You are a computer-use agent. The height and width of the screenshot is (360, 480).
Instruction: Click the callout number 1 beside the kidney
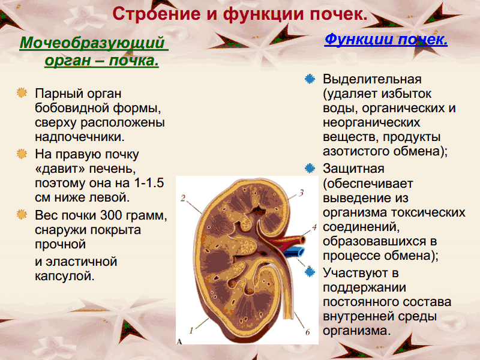click(191, 331)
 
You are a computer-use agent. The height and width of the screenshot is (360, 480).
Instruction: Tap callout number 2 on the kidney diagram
click(183, 199)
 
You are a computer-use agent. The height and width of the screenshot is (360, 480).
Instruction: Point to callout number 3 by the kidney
click(301, 193)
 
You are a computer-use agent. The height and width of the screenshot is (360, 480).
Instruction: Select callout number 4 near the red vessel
click(314, 227)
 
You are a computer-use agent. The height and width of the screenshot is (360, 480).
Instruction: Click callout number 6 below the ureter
click(307, 332)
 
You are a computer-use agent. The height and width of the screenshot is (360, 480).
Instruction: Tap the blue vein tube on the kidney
click(294, 253)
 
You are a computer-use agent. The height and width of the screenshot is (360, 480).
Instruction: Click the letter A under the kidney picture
click(179, 341)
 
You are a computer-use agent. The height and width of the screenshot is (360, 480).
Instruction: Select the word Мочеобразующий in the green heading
click(92, 43)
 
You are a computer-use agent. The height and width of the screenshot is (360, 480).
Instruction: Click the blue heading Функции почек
click(386, 40)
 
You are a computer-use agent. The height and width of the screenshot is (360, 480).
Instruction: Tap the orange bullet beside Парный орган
click(22, 93)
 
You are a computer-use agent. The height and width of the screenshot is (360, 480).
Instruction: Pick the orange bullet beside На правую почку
click(22, 154)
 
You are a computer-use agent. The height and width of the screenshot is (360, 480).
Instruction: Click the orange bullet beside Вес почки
click(22, 214)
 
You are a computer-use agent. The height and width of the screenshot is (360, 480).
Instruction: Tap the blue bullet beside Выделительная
click(310, 79)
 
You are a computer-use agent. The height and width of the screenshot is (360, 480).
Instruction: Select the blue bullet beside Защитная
click(310, 169)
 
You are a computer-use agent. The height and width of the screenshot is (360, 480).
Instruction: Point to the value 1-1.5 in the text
click(149, 183)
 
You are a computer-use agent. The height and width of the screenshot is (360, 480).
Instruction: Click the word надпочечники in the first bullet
click(80, 137)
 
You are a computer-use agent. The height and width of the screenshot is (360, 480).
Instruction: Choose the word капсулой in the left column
click(65, 276)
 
